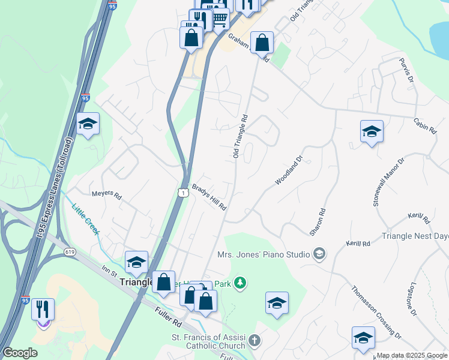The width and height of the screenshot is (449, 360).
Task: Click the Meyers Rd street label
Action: [106, 196]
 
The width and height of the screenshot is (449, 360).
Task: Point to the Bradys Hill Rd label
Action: [209, 196]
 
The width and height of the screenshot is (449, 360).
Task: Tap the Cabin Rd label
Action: [424, 124]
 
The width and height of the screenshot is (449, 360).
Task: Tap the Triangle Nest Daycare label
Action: [415, 237]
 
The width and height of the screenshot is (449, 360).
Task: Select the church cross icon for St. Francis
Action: [254, 341]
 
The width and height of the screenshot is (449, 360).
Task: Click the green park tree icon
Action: [240, 282]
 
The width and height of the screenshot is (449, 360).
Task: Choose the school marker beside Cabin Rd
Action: [372, 132]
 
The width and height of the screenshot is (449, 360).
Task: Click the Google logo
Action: [20, 353]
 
